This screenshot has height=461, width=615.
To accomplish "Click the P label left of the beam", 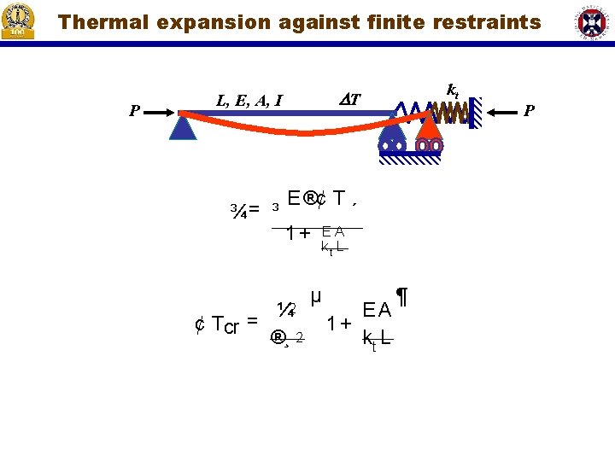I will point(134,110).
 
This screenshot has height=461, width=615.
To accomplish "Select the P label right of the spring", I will point(530,110).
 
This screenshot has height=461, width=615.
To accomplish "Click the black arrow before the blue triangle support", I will point(159,110).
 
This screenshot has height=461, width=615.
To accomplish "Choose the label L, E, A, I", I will point(249,101).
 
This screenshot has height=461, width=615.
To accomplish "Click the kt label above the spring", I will point(453,88).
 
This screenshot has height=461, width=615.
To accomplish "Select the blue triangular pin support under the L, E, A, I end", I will point(182,126).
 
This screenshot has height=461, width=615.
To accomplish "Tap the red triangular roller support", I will point(429,125).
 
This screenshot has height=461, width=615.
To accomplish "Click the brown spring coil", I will point(448,112).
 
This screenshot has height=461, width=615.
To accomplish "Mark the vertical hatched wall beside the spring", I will point(475,111).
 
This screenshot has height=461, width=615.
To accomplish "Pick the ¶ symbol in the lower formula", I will point(401,298).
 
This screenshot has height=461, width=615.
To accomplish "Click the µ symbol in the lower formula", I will point(316,297).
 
